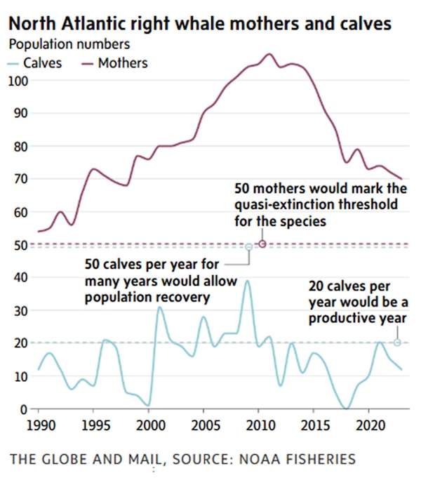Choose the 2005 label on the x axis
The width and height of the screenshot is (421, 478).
coord(203,426)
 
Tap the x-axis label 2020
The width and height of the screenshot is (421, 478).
coord(369,426)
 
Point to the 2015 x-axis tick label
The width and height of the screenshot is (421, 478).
coord(314,426)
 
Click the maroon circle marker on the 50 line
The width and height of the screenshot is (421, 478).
coord(262,244)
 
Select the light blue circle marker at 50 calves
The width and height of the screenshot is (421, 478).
coord(248,247)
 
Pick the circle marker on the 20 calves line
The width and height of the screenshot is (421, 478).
coord(397,343)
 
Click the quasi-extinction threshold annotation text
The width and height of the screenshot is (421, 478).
coord(316,205)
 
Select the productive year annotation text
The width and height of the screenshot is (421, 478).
coord(357,302)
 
